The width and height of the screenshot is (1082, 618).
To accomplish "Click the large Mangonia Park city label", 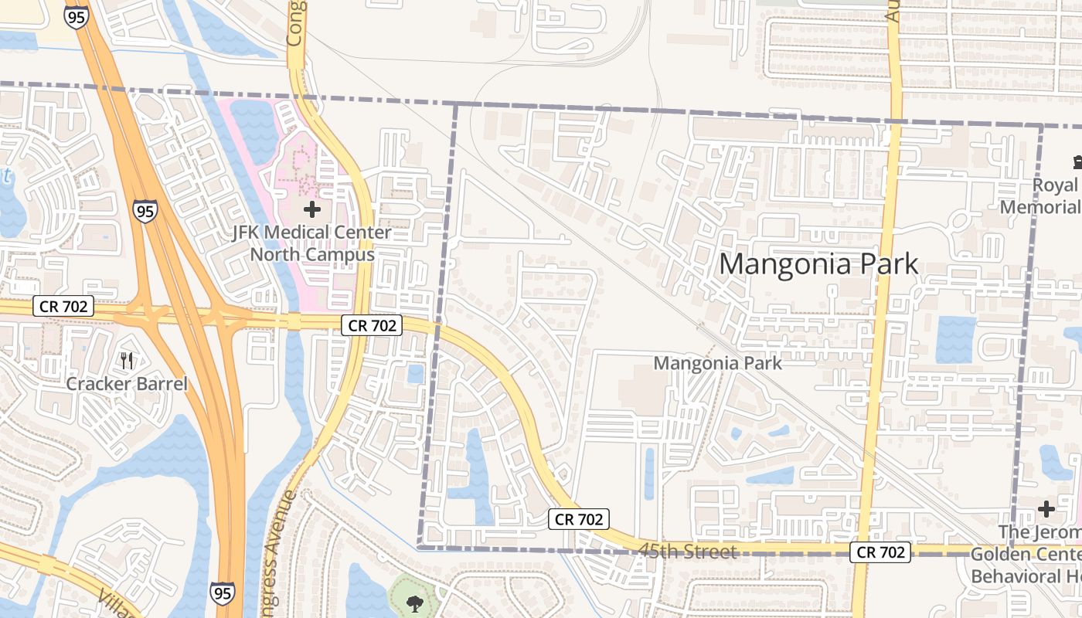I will click(x=818, y=264).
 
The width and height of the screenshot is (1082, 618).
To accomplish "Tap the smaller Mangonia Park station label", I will click(x=718, y=362).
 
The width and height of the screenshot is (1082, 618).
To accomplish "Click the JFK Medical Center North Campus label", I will click(x=312, y=243).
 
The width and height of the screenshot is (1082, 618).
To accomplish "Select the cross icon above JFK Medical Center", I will click(x=312, y=209).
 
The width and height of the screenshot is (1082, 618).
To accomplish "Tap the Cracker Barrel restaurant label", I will click(x=127, y=384).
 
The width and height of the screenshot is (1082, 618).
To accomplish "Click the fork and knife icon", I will click(x=128, y=360).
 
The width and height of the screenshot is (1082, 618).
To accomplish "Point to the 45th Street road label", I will click(x=687, y=552).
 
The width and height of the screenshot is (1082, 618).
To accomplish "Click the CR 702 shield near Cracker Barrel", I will click(x=63, y=307).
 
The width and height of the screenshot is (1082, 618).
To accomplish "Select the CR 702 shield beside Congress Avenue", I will click(x=373, y=325).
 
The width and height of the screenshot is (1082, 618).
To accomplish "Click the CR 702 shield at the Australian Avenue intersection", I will click(x=881, y=552).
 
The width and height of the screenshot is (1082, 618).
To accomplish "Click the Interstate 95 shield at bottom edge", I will click(x=221, y=593).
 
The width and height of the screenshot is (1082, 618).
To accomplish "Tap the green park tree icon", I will click(x=415, y=603).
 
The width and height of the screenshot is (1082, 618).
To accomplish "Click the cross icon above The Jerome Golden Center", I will click(x=1046, y=509).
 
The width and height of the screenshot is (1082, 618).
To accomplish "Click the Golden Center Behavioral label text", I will click(x=1025, y=565).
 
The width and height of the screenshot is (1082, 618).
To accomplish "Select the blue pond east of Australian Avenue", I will click(x=956, y=340).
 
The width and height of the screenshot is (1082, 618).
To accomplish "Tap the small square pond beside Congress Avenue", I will click(x=416, y=374).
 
